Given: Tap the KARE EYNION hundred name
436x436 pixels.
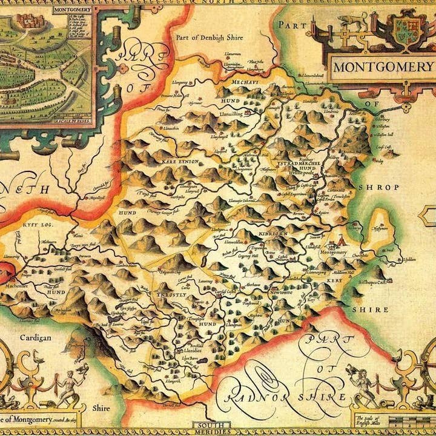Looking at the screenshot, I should [176, 162].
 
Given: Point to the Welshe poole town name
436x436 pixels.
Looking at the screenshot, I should [288, 171].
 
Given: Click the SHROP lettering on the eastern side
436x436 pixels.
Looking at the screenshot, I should [378, 187].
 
